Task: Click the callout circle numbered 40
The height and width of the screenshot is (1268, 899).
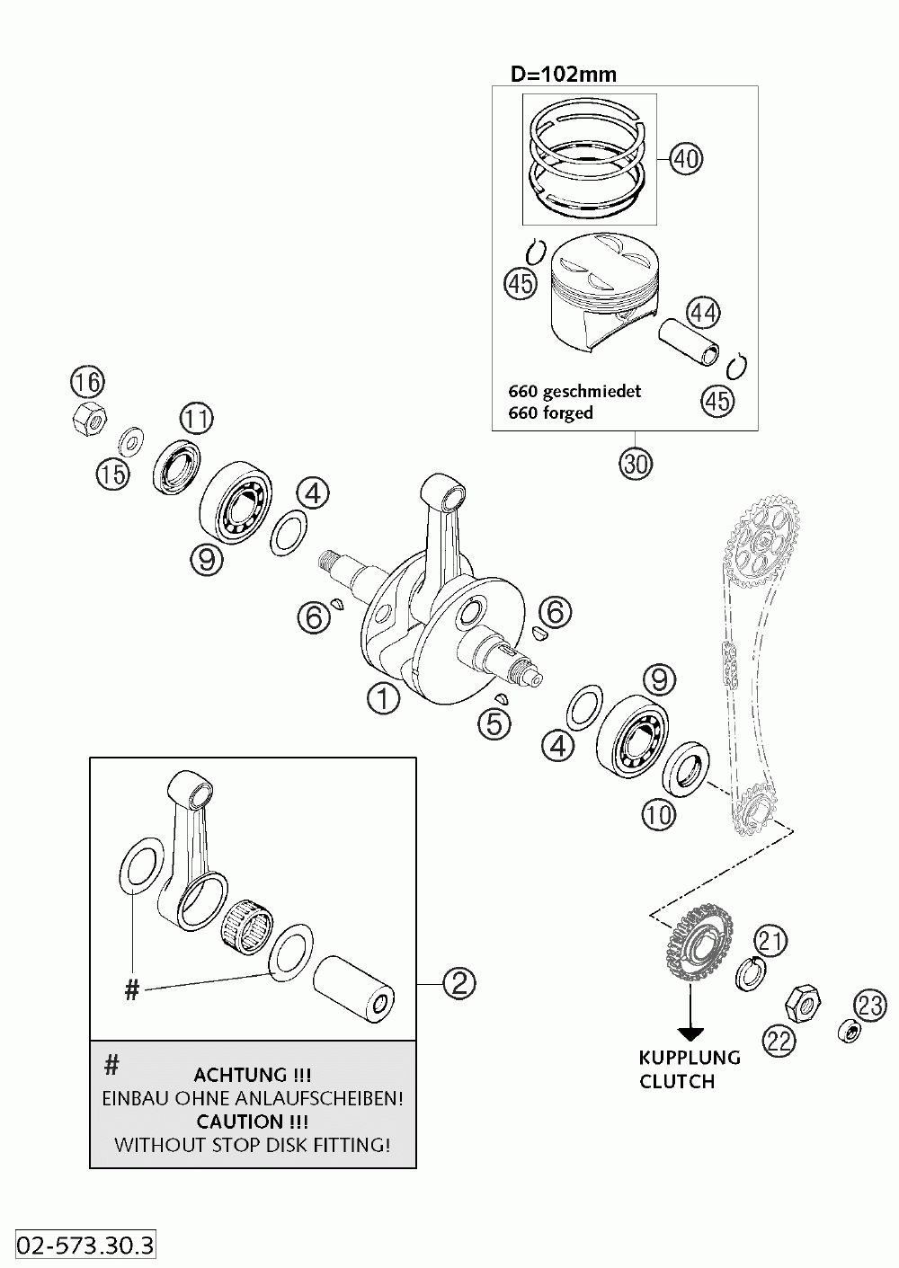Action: [686, 158]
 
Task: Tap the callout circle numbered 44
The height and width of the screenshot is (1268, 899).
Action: [704, 312]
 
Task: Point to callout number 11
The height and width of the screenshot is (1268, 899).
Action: [196, 417]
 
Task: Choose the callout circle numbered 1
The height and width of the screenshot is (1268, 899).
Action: [383, 698]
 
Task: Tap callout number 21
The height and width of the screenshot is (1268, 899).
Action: [770, 941]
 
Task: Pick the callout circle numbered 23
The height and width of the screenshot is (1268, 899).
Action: [869, 1004]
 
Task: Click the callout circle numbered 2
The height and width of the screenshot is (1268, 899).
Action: [458, 983]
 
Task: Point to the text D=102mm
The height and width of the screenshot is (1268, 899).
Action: [564, 74]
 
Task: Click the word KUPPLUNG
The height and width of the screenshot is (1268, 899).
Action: [690, 1058]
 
